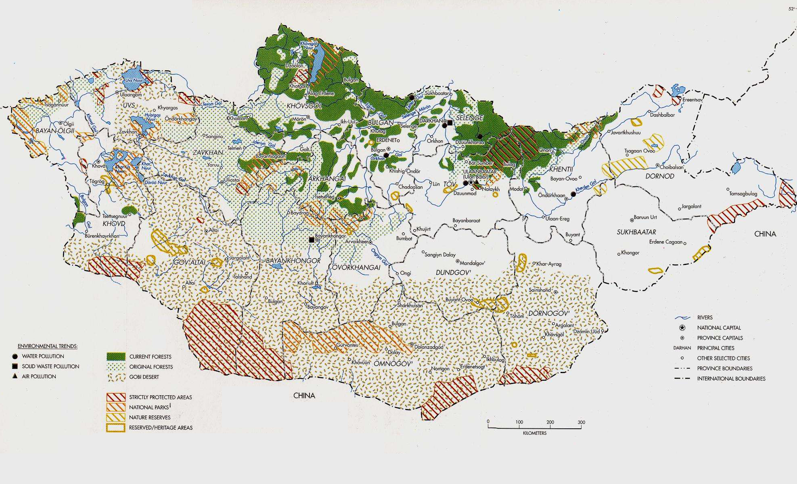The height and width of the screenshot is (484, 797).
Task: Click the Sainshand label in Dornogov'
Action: pos(540,290)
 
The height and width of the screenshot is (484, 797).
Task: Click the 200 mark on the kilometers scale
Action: pos(550,422)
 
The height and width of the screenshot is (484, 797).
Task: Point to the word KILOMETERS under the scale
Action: pos(534,433)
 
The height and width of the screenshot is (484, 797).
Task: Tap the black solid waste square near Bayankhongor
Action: pos(312,240)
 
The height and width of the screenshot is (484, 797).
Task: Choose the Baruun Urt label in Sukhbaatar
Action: pos(645,217)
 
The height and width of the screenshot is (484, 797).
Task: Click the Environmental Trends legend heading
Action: pos(48,346)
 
